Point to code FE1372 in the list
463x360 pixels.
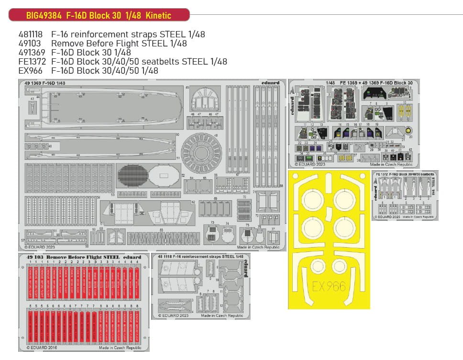31,62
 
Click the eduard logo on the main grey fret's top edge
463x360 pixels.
270,83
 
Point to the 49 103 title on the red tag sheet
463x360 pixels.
36,257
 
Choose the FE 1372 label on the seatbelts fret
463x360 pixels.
382,175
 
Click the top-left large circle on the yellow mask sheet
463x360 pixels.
311,197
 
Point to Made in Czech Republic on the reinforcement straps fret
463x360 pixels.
222,316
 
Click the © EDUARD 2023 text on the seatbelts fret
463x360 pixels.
387,217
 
